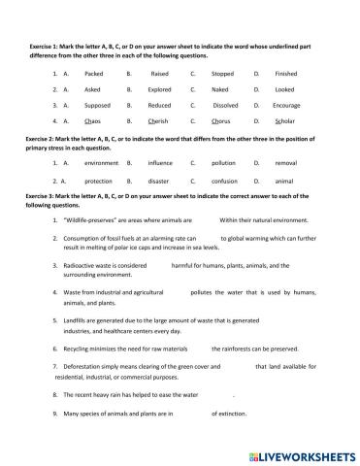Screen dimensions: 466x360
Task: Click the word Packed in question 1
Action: pyautogui.click(x=94, y=73)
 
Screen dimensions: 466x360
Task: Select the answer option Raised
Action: pyautogui.click(x=160, y=73)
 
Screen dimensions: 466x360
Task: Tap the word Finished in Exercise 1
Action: pyautogui.click(x=286, y=73)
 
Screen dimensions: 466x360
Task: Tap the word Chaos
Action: pyautogui.click(x=94, y=121)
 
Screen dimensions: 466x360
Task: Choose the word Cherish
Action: pyautogui.click(x=161, y=121)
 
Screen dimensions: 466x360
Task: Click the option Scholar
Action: pyautogui.click(x=285, y=121)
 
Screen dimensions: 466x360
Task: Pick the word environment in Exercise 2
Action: pyautogui.click(x=101, y=163)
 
